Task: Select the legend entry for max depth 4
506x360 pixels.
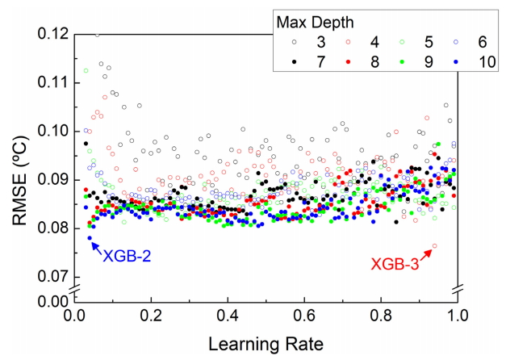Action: pos(364,41)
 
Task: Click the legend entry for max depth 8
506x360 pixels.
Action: pos(364,61)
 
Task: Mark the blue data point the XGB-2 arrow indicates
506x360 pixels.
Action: pos(90,238)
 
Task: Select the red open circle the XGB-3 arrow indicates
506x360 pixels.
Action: pos(435,246)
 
